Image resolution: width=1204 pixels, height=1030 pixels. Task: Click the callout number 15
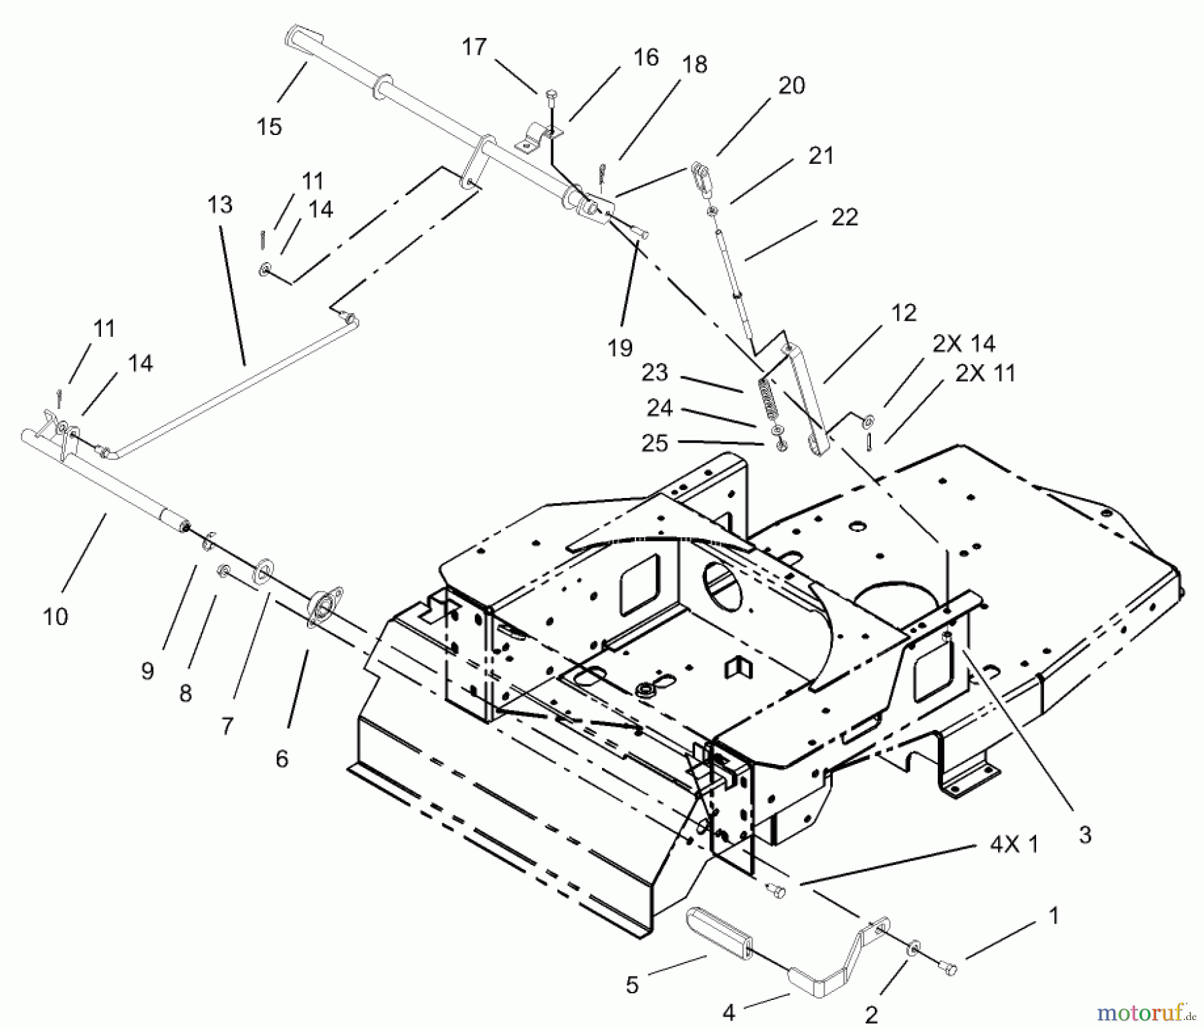270,126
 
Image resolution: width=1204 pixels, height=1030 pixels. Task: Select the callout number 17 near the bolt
474,47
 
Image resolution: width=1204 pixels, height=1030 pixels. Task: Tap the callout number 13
220,205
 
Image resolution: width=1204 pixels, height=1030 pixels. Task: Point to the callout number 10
56,616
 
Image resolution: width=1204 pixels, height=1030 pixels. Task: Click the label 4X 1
1014,844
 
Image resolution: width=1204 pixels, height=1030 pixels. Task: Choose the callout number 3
1085,834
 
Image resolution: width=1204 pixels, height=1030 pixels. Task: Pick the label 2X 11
985,372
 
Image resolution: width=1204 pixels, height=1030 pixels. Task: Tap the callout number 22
844,217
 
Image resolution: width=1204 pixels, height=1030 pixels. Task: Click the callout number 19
620,348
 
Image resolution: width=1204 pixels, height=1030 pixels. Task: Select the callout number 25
654,443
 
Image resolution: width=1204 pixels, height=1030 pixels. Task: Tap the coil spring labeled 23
768,401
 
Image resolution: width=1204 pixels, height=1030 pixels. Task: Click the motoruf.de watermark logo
1145,1013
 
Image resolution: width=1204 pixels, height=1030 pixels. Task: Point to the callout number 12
904,313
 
